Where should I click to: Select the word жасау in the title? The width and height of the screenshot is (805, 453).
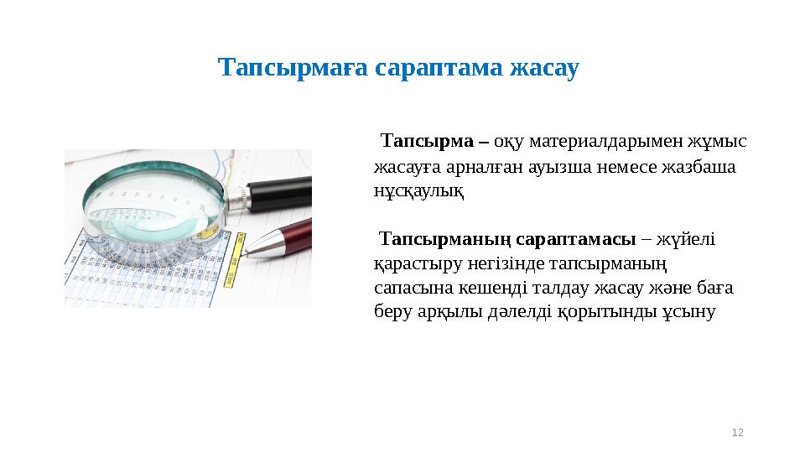(544, 68)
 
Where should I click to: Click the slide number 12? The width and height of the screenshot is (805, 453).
(738, 432)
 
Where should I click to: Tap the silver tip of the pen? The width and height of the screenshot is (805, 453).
(262, 244)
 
